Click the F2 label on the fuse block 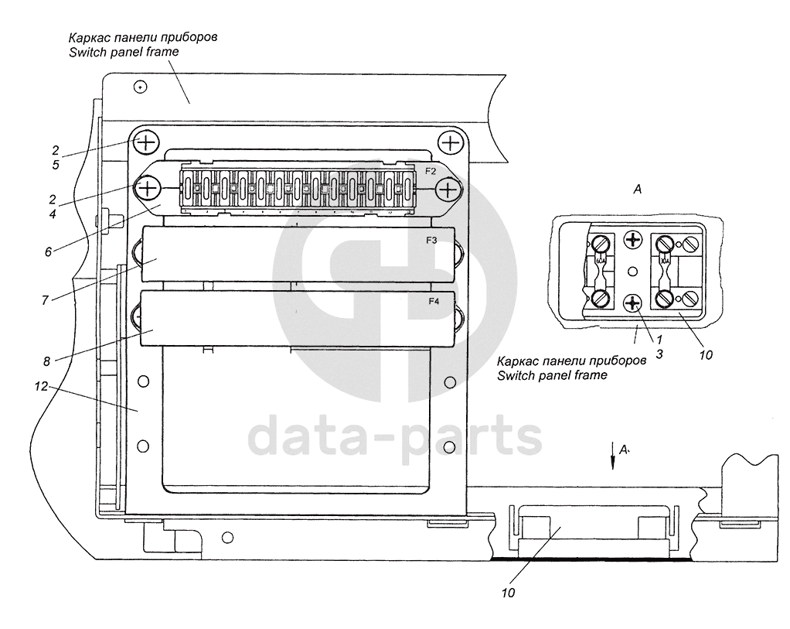[431, 169]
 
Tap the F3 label [431, 241]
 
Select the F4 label [433, 302]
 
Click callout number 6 [48, 251]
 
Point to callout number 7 [45, 300]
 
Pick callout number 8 [49, 361]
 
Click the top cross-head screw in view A [634, 241]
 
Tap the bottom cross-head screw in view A [634, 303]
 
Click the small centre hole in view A [633, 272]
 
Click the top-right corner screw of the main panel [448, 142]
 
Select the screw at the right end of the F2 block [448, 189]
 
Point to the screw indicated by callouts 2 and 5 [146, 142]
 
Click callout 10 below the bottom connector [507, 593]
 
